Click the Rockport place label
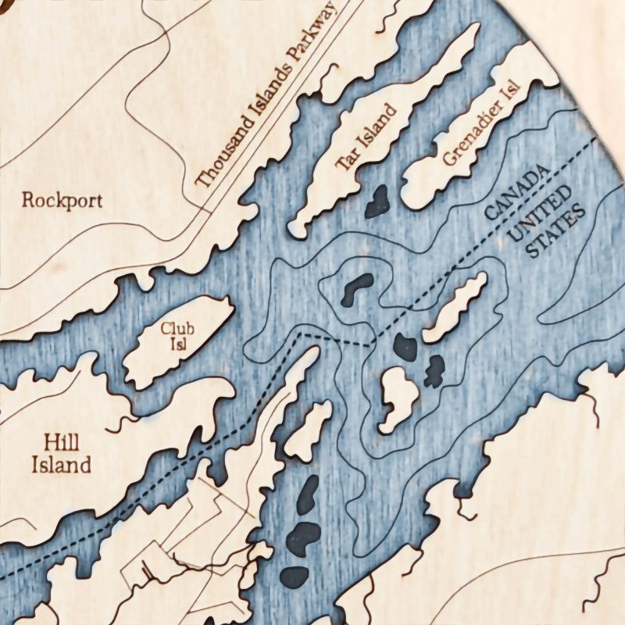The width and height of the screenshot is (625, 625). (62, 200)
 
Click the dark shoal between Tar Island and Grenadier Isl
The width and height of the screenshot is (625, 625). (377, 202)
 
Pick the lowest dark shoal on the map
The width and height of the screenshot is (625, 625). (295, 576)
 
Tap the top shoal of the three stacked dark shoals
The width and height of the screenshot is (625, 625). (309, 491)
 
